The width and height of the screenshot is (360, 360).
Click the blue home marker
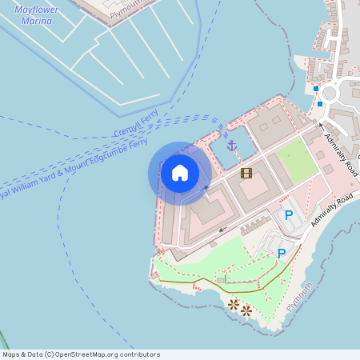click(x=180, y=172)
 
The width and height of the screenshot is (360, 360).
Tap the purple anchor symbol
click(x=232, y=146)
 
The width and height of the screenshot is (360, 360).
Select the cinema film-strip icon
click(x=246, y=173)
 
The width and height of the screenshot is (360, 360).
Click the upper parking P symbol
click(x=289, y=214)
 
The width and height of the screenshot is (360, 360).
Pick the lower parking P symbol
click(x=281, y=253)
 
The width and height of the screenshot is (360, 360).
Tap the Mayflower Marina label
click(x=36, y=14)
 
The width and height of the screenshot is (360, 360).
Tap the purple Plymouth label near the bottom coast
click(x=299, y=301)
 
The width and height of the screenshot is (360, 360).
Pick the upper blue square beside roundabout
click(x=316, y=88)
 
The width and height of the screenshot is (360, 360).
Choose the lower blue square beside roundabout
click(x=320, y=103)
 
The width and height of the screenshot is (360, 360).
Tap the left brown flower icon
click(x=233, y=304)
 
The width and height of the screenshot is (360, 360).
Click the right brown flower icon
click(x=246, y=310)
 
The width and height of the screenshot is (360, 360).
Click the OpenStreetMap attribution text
click(x=82, y=354)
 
